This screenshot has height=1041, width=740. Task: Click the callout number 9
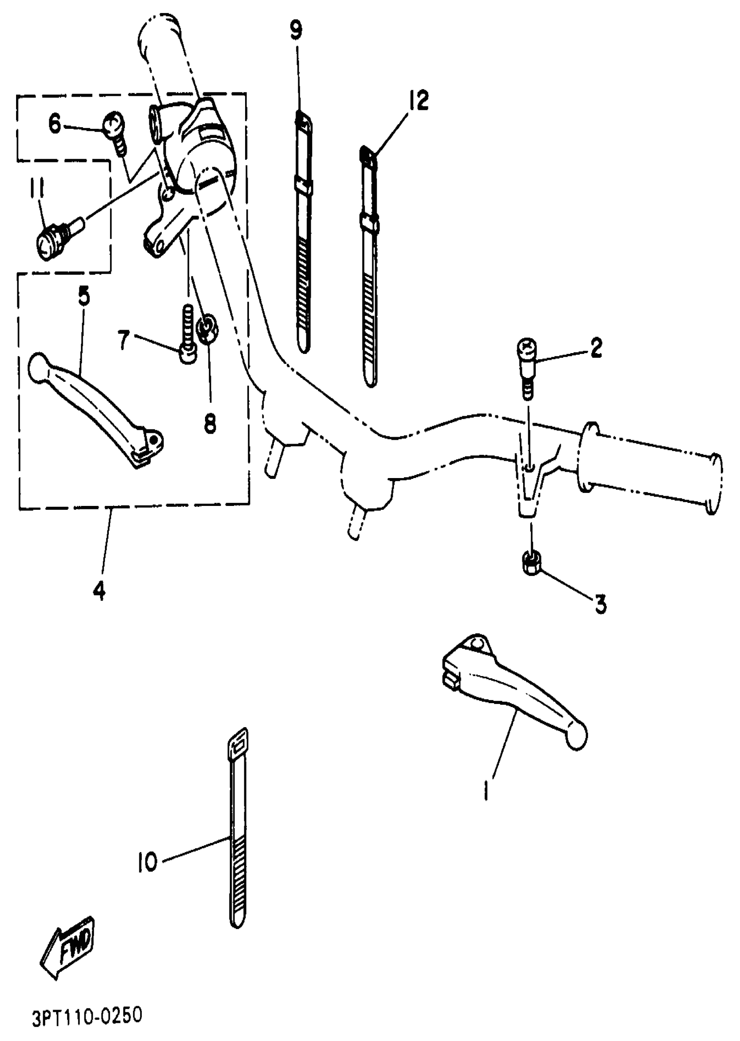296,30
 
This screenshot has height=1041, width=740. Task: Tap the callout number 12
418,101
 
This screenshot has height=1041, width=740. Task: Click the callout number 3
601,604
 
